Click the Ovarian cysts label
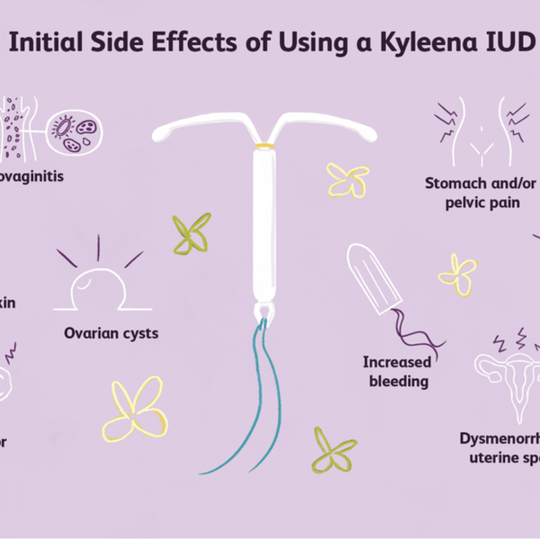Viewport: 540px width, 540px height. coord(111,333)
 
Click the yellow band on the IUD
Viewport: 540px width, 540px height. coord(264,146)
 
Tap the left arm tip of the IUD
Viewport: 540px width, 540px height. coord(159,134)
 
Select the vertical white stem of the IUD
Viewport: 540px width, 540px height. coord(264,225)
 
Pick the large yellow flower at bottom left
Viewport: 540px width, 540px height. coord(135,409)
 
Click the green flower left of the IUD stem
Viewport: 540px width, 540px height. coord(192,232)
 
